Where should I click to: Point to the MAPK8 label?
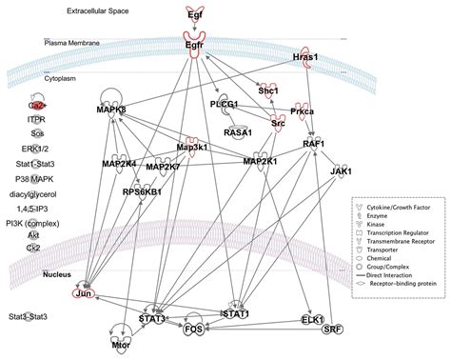111,110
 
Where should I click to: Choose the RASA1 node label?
238,133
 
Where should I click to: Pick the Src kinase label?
278,123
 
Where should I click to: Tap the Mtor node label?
121,348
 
